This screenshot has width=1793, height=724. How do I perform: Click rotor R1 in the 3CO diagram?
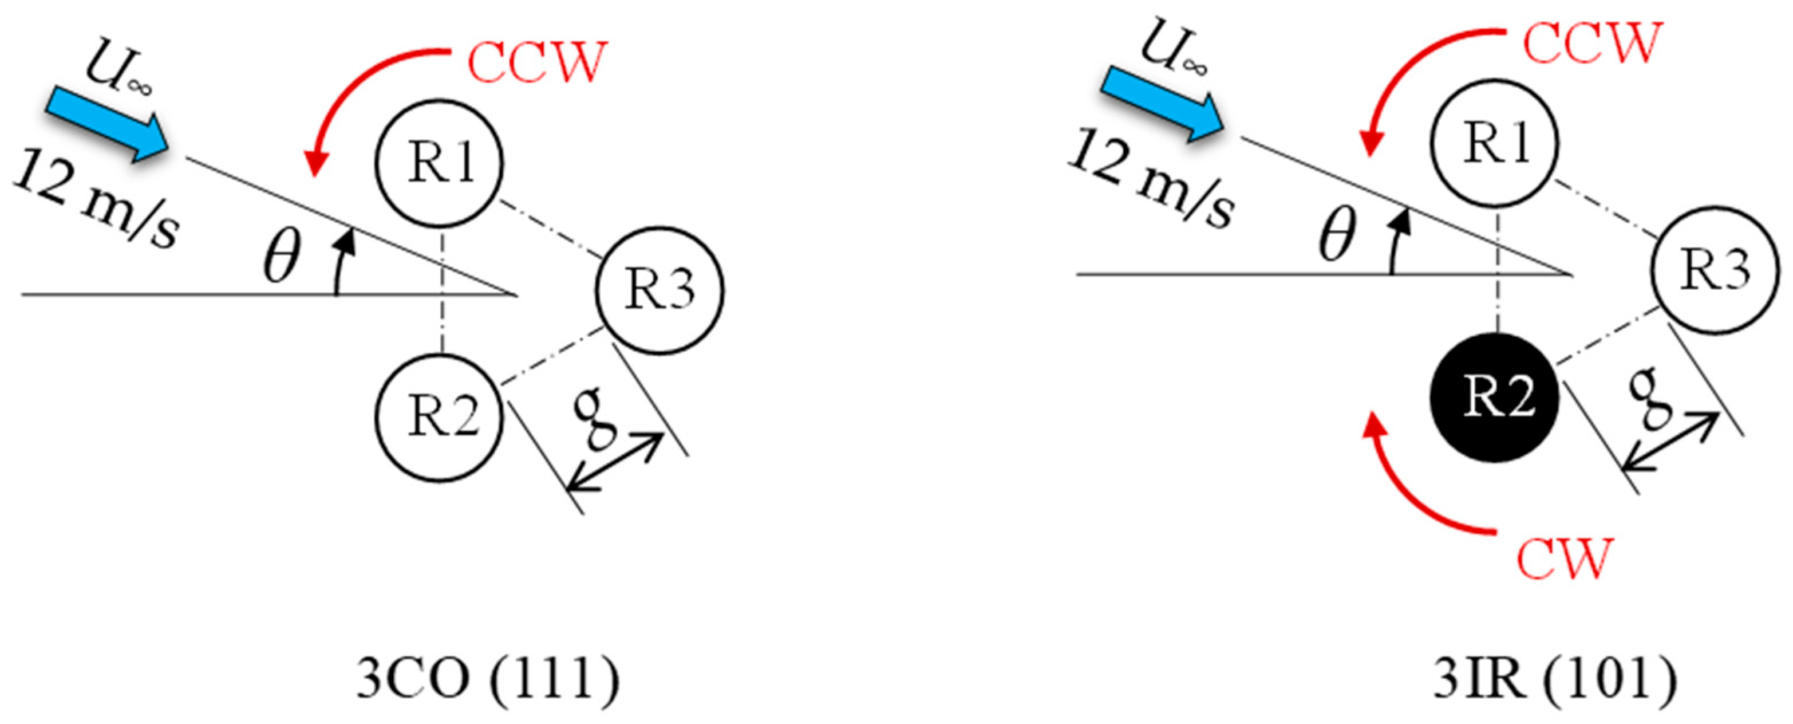(x=439, y=162)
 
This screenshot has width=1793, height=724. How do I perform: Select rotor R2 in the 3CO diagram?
(x=439, y=418)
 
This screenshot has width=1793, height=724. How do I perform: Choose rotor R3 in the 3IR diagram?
(x=1715, y=271)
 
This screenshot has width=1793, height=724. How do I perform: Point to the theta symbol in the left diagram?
(x=282, y=256)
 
